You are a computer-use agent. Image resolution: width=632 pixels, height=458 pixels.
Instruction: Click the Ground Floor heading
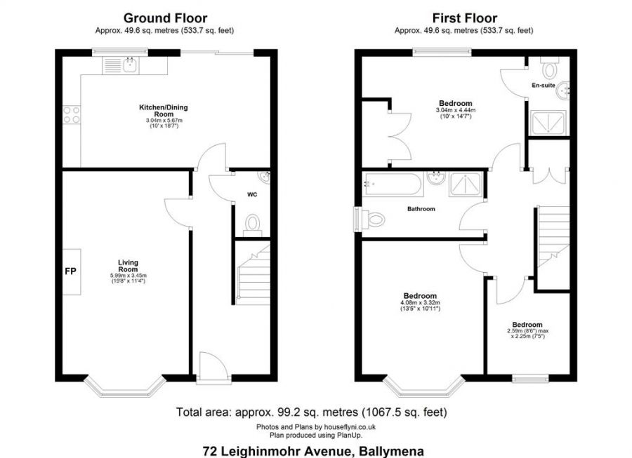click(165, 18)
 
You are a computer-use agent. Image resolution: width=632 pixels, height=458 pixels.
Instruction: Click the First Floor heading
click(464, 18)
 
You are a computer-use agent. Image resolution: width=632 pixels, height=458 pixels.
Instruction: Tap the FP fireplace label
click(70, 271)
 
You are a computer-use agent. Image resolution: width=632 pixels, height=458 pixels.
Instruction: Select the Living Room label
click(128, 266)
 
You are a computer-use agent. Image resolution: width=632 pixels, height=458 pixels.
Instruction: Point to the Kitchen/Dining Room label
click(163, 111)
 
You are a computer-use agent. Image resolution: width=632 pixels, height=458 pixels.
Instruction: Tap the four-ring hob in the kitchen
click(72, 114)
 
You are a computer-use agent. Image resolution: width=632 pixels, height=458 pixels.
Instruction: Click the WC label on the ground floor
click(252, 195)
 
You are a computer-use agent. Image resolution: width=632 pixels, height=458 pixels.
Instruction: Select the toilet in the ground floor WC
click(253, 224)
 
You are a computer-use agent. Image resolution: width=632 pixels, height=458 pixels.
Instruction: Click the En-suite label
click(544, 86)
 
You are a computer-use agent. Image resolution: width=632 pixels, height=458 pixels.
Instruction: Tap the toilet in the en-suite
click(549, 67)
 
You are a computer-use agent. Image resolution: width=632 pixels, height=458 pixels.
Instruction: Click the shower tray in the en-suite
click(548, 123)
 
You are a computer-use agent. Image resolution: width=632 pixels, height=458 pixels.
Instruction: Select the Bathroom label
click(421, 209)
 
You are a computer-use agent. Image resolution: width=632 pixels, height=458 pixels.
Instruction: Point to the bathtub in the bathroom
click(392, 184)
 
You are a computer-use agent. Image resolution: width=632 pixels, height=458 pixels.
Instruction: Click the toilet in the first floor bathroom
click(374, 220)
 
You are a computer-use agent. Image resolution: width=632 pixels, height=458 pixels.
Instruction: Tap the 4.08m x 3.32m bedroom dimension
click(420, 303)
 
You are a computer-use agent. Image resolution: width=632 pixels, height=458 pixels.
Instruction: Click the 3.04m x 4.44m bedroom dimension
click(456, 110)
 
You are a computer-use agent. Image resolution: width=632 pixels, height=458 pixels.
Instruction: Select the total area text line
click(311, 412)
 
